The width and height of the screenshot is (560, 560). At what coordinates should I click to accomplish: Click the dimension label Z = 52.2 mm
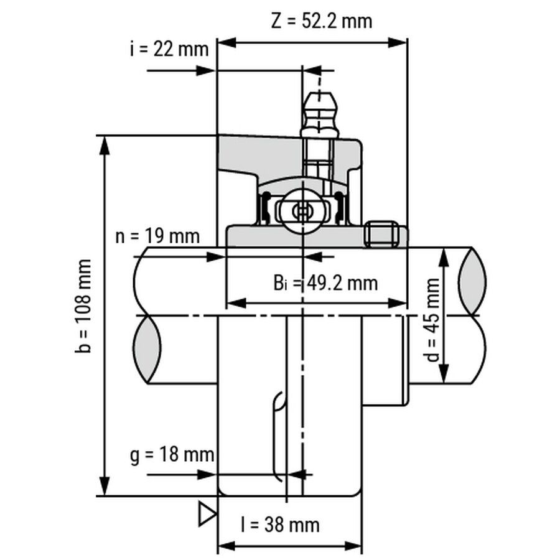coord(322,21)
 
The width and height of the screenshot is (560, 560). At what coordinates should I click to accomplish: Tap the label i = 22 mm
coord(169,49)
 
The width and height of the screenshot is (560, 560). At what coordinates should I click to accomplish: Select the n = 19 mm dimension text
coord(158,236)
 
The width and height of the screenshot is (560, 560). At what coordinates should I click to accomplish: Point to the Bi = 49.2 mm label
coord(325,284)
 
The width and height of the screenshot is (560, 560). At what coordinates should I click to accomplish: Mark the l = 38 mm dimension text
coord(280,525)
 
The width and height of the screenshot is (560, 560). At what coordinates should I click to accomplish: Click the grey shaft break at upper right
coord(471,279)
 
